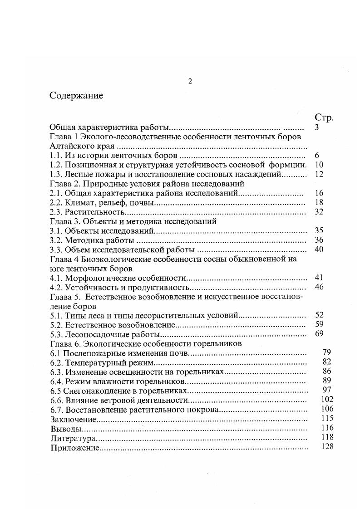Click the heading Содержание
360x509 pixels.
point(76,96)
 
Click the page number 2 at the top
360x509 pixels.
point(190,81)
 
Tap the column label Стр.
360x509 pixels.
point(324,118)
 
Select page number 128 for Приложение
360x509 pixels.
point(326,446)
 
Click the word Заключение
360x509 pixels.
point(73,419)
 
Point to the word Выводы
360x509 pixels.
point(66,428)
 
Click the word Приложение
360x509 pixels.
point(75,447)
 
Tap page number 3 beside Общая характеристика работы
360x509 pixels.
point(316,127)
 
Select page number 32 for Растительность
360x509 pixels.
point(319,212)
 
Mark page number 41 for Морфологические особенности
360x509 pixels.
point(319,277)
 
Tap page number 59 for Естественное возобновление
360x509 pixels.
point(319,324)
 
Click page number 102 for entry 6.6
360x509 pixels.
point(326,399)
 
